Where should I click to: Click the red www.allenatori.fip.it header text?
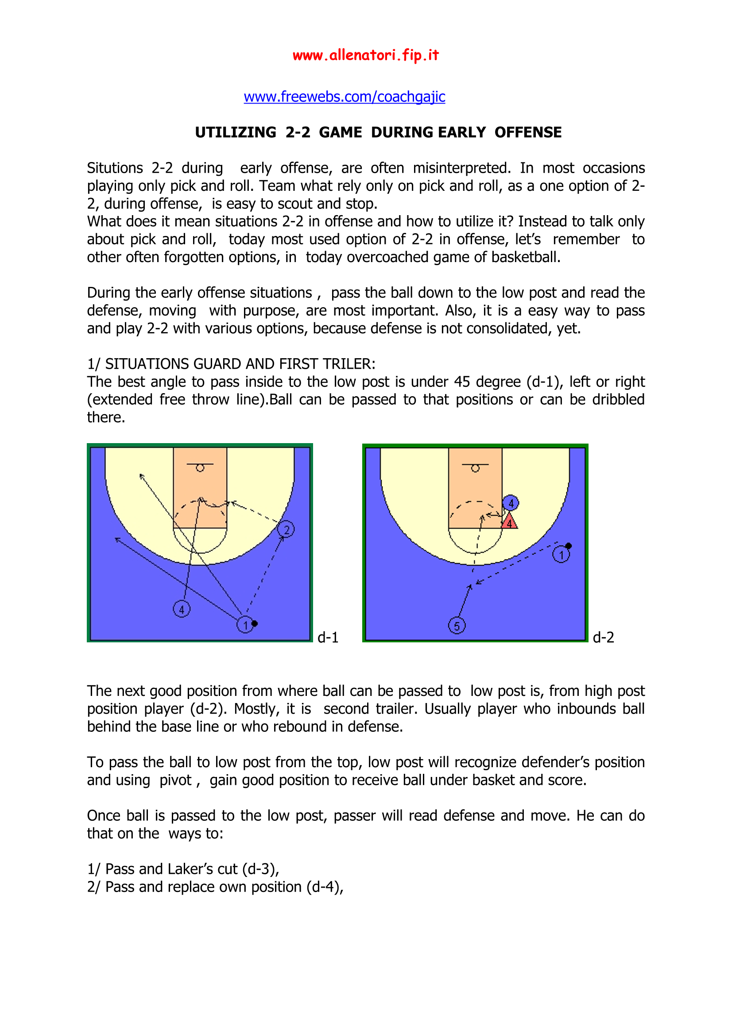(x=365, y=55)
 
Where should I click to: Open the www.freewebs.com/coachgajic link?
(x=344, y=97)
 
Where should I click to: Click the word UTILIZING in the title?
(x=236, y=132)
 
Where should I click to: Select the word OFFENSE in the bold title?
(x=528, y=132)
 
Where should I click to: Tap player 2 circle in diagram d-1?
(x=286, y=529)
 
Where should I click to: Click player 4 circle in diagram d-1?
(x=182, y=609)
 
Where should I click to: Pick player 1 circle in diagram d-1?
(x=245, y=625)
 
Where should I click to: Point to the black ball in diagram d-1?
(x=255, y=623)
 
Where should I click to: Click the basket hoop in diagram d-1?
(x=200, y=468)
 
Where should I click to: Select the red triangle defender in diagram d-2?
(x=509, y=522)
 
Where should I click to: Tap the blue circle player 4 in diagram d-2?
(x=511, y=503)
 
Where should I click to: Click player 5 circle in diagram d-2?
(x=457, y=626)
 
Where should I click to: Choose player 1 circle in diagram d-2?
(x=561, y=554)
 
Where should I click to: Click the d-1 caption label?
(x=328, y=637)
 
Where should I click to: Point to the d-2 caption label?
(x=603, y=637)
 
